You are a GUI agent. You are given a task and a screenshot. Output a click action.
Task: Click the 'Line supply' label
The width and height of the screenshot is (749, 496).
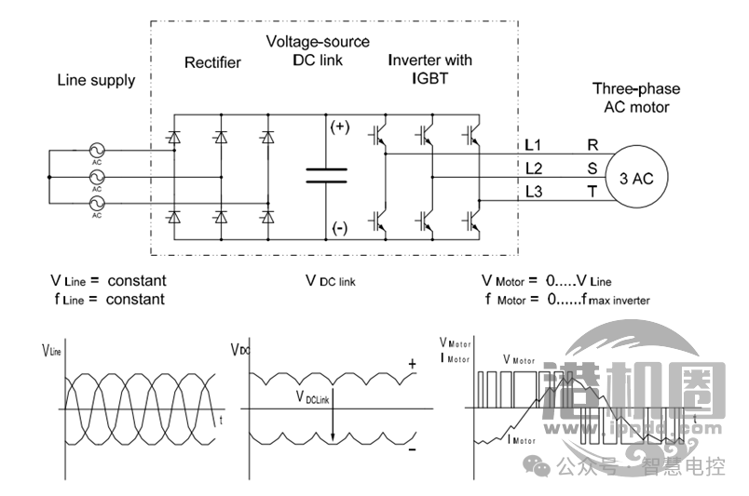click(x=96, y=80)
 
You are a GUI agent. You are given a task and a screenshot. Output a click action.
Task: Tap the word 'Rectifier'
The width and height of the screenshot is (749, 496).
click(x=212, y=62)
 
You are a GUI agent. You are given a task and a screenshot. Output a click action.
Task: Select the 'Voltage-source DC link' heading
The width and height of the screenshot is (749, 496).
click(x=318, y=51)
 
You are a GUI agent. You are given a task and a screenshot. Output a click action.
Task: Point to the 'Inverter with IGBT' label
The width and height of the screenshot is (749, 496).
click(x=429, y=69)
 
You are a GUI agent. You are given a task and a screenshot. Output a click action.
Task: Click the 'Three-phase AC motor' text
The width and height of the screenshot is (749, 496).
click(x=636, y=98)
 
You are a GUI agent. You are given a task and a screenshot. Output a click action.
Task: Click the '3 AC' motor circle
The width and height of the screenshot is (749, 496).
click(x=637, y=180)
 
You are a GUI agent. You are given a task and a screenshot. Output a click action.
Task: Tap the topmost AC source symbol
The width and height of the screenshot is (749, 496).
click(x=97, y=150)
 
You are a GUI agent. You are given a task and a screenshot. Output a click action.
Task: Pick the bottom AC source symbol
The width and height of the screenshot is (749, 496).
click(x=97, y=203)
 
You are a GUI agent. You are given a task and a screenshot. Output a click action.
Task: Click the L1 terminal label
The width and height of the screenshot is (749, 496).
click(x=534, y=145)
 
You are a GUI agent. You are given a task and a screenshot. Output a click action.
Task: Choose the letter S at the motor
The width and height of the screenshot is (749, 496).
click(x=592, y=168)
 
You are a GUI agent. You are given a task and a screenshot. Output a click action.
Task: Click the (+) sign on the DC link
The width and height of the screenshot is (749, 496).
click(x=340, y=127)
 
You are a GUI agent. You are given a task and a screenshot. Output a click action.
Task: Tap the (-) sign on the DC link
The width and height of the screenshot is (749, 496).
click(x=340, y=226)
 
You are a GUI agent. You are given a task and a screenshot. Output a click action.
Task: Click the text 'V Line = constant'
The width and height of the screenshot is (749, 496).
click(x=108, y=280)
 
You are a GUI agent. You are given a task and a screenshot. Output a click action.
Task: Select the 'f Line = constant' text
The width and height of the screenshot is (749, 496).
click(x=108, y=300)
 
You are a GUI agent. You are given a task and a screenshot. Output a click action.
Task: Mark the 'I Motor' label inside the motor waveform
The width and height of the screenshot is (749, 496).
click(x=523, y=441)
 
